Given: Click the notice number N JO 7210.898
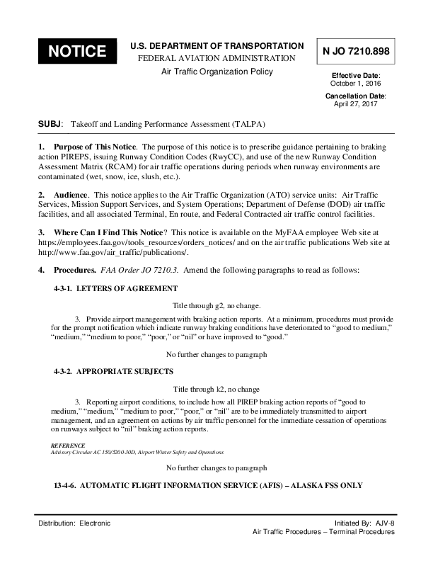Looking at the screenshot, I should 356,51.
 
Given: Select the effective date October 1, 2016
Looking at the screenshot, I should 356,83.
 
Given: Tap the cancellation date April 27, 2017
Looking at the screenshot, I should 356,103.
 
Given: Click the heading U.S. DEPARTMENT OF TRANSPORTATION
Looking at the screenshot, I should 217,45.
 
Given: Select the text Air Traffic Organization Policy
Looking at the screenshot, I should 217,72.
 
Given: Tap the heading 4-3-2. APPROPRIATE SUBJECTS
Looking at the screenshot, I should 113,371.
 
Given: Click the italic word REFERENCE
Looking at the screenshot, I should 69,446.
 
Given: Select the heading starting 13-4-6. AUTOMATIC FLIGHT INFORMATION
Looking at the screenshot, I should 208,485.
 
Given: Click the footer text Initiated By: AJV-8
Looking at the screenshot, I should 364,523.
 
